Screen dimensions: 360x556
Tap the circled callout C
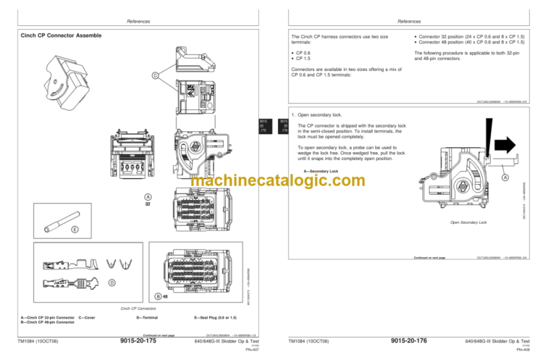[155, 75]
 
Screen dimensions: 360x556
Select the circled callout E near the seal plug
[75, 231]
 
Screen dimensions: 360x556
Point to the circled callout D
[111, 282]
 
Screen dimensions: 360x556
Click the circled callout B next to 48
[158, 296]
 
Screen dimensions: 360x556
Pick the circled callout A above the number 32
[147, 196]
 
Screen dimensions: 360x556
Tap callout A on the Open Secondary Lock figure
[505, 178]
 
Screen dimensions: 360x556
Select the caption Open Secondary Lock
[468, 222]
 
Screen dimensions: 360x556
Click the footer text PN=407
[253, 349]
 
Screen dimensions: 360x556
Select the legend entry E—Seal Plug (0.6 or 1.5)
[216, 317]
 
